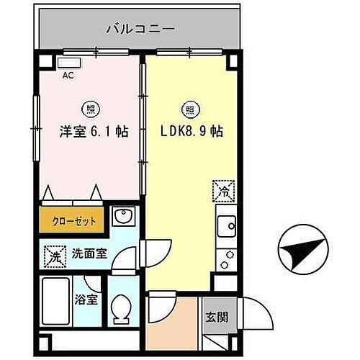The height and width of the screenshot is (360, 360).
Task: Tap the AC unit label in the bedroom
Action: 67,74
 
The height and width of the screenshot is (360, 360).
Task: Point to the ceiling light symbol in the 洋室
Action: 91,109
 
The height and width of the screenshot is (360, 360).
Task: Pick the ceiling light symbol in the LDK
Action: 191,109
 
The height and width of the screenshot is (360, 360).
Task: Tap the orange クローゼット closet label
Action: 72,220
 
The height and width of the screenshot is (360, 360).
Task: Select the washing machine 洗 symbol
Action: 53,255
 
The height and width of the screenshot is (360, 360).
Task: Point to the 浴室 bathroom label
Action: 89,299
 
